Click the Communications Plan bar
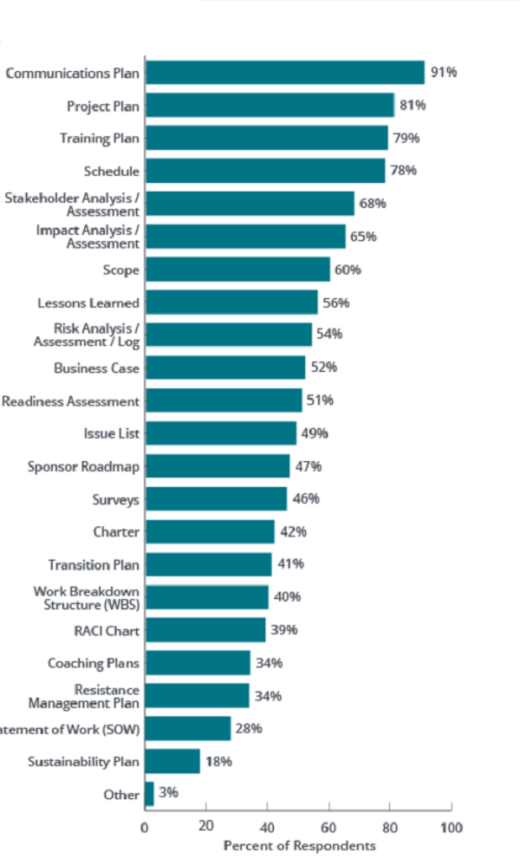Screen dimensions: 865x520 pos(284,73)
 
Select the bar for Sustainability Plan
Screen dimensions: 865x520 pos(172,762)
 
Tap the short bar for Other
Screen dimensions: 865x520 pos(149,795)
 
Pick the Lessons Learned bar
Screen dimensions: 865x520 pos(231,302)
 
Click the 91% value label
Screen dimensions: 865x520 pos(444,73)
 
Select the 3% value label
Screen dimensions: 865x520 pos(168,792)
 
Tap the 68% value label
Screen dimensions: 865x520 pos(374,204)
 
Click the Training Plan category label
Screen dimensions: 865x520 pos(99,139)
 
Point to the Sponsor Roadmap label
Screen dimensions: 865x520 pos(83,466)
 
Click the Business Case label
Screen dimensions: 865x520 pos(96,368)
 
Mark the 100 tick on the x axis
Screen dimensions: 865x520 pos(452,828)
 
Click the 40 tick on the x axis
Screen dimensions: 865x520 pos(268,828)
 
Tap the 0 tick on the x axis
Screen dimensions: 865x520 pos(145,828)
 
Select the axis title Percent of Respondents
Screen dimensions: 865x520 pos(299,845)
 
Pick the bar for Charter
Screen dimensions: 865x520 pos(210,531)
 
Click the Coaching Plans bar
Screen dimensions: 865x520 pos(198,663)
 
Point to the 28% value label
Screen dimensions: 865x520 pos(249,728)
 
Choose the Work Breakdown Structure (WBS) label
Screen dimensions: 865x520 pos(87,597)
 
